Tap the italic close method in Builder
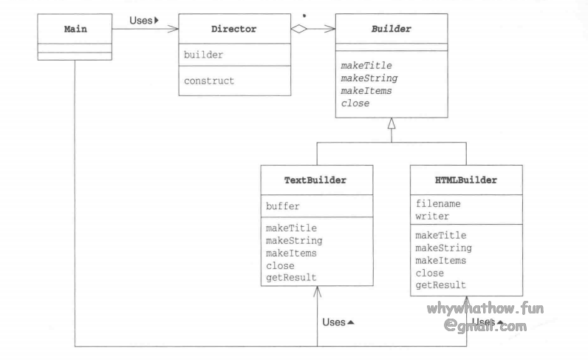point(356,103)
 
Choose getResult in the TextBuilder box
point(291,277)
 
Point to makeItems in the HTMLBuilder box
point(441,259)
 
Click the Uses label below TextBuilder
point(339,322)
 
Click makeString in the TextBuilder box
point(294,240)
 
